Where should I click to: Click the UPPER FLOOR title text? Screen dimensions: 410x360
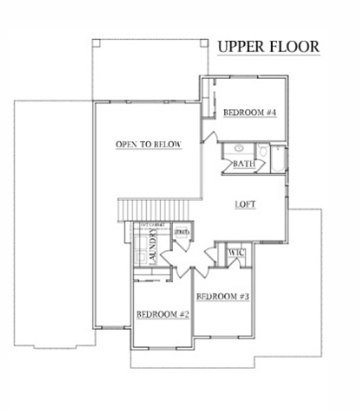coord(268,47)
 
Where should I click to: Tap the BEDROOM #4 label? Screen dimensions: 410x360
coord(250,113)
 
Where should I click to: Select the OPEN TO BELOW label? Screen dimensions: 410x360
coord(148,144)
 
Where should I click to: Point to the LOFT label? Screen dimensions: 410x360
coord(245,204)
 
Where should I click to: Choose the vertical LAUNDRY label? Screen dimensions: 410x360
coord(153,246)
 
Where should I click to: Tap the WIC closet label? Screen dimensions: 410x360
coord(236,253)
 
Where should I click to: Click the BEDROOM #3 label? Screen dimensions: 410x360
coord(223,297)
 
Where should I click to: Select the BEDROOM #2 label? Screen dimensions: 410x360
coord(163,314)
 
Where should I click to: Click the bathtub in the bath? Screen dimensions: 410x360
coord(278,159)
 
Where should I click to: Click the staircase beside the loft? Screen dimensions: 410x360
coord(154,209)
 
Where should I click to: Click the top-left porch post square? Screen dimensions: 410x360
coord(96,43)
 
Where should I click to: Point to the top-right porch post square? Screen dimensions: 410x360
coord(204,43)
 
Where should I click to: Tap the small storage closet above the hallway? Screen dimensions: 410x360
coord(182,232)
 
